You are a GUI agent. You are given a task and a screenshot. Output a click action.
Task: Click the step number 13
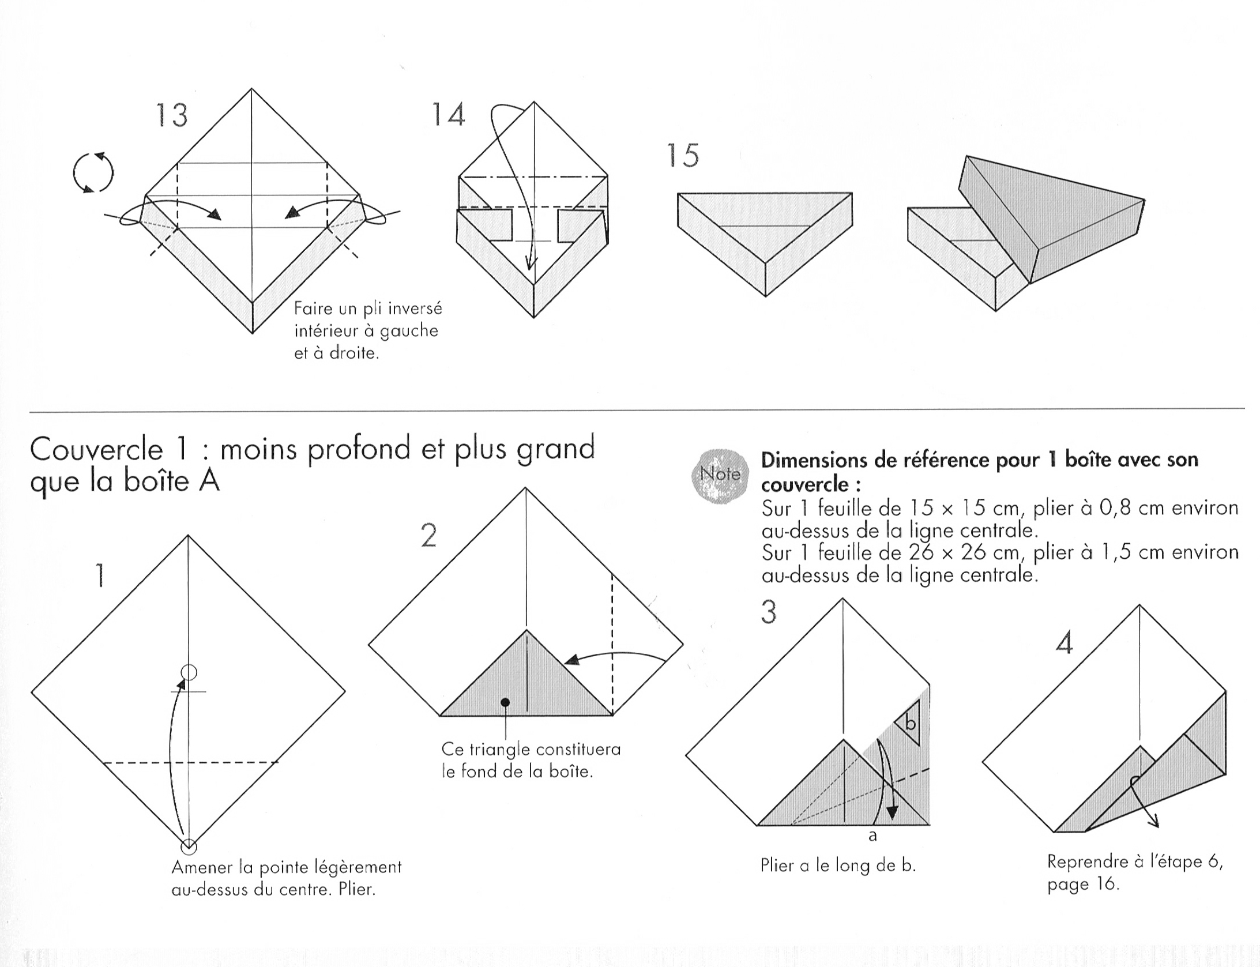[x=172, y=115]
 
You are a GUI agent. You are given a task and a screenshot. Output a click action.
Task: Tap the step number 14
[x=448, y=114]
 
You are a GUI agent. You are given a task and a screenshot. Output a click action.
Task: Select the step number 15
[x=683, y=155]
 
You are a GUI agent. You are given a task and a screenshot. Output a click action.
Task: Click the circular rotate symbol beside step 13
[x=93, y=172]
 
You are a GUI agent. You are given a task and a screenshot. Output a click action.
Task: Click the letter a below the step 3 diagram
[x=872, y=836]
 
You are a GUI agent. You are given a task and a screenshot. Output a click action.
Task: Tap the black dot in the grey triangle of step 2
[x=505, y=702]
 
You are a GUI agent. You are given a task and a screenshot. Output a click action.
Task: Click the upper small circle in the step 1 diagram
[x=189, y=672]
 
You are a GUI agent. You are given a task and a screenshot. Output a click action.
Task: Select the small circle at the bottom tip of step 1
[x=189, y=846]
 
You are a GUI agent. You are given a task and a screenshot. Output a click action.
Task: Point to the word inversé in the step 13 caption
[x=415, y=309]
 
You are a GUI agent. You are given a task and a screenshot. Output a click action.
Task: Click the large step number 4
[x=1064, y=642]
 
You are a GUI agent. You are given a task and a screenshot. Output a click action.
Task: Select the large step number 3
[x=769, y=612]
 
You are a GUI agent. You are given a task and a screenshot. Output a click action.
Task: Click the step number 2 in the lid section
[x=428, y=536]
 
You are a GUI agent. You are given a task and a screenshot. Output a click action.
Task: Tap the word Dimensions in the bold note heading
[x=814, y=460]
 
